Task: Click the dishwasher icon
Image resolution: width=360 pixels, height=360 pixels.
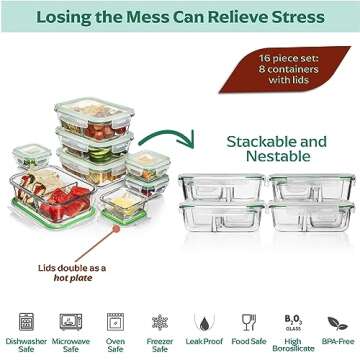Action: click(26, 321)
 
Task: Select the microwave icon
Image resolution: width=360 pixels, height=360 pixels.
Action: click(71, 321)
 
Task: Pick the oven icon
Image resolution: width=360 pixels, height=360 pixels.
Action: click(116, 321)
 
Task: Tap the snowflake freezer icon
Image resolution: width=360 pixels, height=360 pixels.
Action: click(159, 321)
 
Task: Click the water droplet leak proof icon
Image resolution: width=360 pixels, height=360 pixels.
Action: click(204, 321)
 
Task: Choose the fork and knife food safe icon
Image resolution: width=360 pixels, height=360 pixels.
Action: click(249, 321)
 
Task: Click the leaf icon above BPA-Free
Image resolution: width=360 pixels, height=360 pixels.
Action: click(338, 322)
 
